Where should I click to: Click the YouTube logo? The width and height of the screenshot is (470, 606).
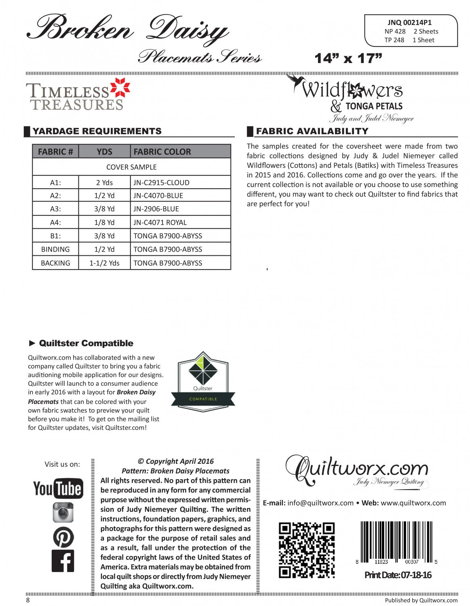(58, 488)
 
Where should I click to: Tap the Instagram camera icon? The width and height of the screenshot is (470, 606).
(63, 512)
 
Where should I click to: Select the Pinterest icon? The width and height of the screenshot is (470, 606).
(63, 537)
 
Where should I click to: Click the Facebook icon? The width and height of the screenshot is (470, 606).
(63, 561)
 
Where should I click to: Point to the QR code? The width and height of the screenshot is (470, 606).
(307, 550)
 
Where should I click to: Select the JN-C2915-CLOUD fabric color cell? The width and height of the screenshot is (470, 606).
(162, 183)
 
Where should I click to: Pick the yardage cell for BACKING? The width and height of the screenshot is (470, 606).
(104, 263)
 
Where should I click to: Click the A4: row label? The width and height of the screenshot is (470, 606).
(55, 222)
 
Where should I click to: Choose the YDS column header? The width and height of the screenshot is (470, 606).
(104, 152)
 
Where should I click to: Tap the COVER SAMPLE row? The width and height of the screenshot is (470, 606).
(131, 167)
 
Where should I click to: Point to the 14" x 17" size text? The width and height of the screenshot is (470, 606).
(348, 59)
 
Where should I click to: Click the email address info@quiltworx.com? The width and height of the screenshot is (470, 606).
(320, 503)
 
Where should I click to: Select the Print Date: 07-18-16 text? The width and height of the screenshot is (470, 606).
(398, 575)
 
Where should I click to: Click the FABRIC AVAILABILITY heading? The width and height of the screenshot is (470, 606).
(312, 131)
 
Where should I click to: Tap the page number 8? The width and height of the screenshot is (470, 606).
(28, 600)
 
